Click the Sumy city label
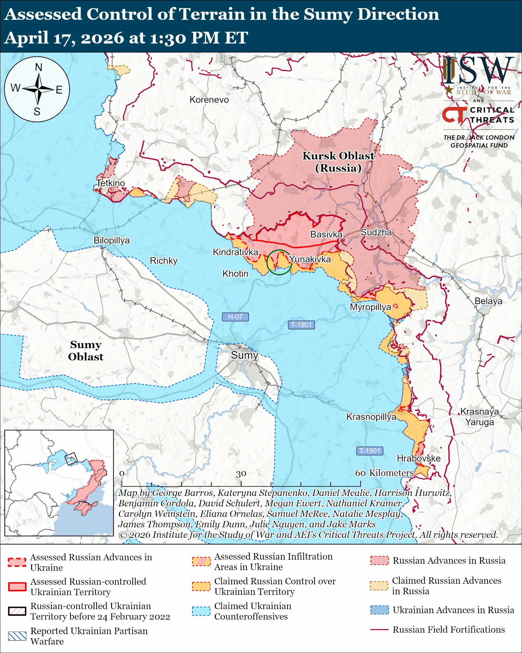(244, 355)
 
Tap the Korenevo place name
(209, 100)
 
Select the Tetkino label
(111, 183)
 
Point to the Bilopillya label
(111, 240)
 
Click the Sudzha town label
(376, 232)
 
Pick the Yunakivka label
(310, 259)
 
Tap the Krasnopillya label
(371, 417)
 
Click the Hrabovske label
(418, 458)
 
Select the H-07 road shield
(235, 317)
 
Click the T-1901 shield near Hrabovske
(370, 451)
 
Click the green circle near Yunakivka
(279, 262)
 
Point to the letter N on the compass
(38, 67)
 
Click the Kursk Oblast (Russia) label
(338, 162)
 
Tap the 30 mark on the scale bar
(241, 473)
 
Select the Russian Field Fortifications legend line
(379, 629)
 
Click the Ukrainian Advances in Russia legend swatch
(379, 610)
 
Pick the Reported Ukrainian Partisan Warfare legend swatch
(17, 636)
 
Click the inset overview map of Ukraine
(59, 483)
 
